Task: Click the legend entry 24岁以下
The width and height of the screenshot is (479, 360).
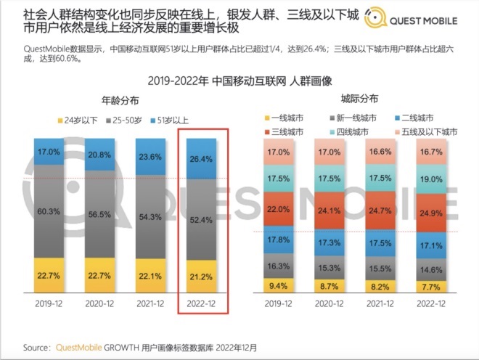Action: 80,120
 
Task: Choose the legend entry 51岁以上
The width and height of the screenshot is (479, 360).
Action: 170,120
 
